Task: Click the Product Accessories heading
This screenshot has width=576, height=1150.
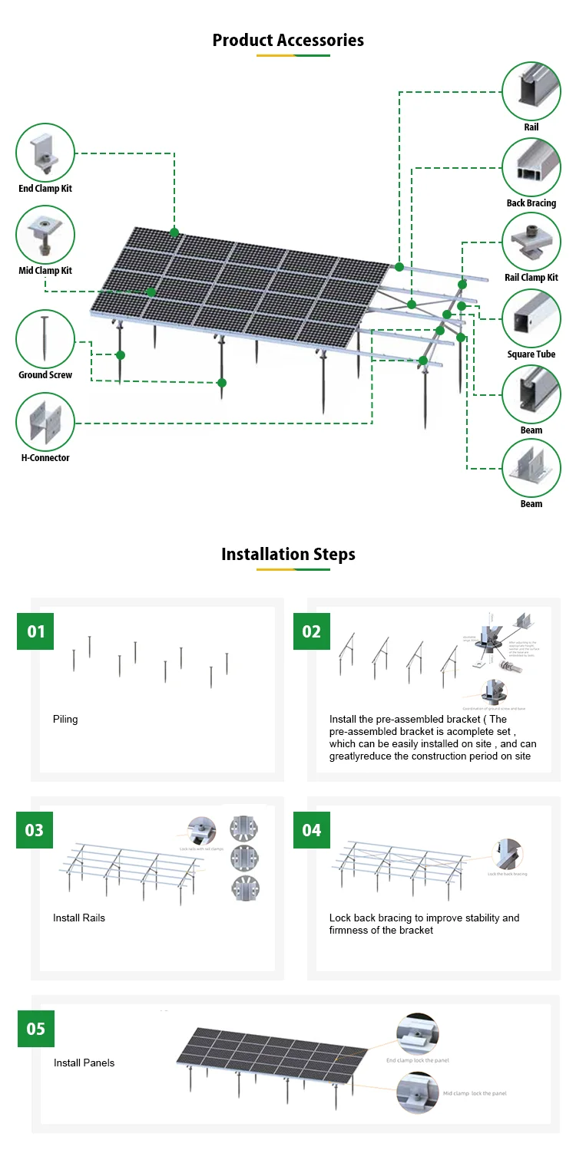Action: click(288, 40)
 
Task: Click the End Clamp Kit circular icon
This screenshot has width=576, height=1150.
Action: click(45, 153)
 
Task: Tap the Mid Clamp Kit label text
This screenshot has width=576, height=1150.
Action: click(45, 271)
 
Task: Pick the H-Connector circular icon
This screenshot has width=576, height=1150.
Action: click(45, 422)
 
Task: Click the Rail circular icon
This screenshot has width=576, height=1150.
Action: click(531, 91)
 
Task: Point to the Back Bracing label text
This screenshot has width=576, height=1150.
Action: click(531, 203)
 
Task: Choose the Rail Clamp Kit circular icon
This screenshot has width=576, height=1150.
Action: click(531, 241)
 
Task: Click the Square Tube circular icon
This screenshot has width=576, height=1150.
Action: click(531, 318)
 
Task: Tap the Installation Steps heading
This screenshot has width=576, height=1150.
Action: click(288, 554)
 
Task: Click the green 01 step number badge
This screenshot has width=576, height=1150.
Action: click(36, 631)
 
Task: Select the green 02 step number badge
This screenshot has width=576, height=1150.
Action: click(312, 631)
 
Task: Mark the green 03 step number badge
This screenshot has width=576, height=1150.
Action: click(35, 830)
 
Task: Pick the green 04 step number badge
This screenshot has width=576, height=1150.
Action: click(312, 830)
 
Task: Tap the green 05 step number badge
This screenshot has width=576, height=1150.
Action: click(36, 1029)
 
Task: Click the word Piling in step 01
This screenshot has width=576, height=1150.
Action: click(65, 720)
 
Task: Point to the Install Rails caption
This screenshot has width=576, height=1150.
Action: click(79, 918)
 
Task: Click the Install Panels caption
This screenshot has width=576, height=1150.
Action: click(84, 1063)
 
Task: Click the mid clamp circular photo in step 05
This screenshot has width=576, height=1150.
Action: click(417, 1092)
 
